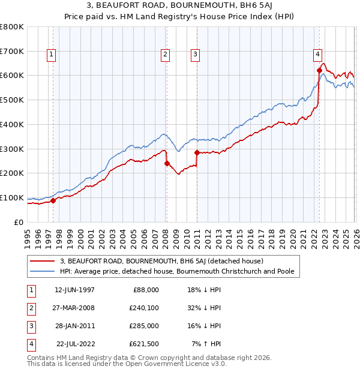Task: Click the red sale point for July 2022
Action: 319,70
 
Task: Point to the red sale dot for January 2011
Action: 197,152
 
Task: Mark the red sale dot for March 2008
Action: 167,163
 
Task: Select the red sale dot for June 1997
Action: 53,200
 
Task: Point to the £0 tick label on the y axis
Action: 19,222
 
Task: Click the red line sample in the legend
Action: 43,261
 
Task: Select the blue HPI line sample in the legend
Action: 43,271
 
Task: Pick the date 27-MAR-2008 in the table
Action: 74,308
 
